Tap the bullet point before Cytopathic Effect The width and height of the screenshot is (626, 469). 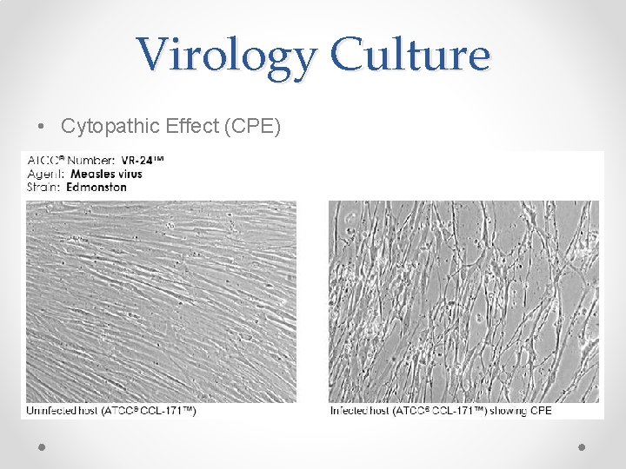click(43, 127)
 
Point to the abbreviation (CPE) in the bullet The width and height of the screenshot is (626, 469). click(252, 126)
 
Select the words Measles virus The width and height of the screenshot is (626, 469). click(105, 174)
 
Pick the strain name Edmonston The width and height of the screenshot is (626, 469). click(97, 187)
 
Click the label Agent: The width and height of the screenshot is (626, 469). click(45, 174)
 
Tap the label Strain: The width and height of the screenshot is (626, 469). click(45, 187)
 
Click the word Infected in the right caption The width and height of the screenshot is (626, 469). click(350, 410)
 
